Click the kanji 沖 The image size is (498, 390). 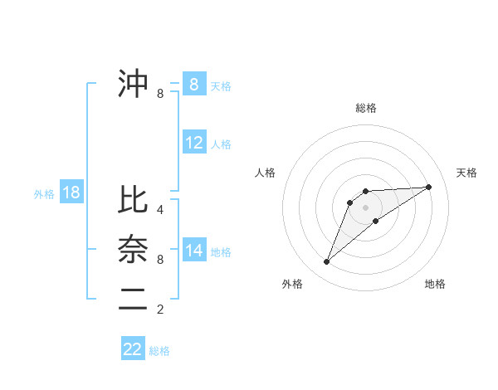pyautogui.click(x=133, y=84)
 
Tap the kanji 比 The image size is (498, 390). pyautogui.click(x=133, y=200)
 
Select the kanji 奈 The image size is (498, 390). pyautogui.click(x=133, y=249)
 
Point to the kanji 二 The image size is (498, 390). pyautogui.click(x=133, y=300)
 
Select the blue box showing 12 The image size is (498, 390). pyautogui.click(x=194, y=143)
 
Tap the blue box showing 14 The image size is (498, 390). pyautogui.click(x=194, y=251)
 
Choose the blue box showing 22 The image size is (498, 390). pyautogui.click(x=133, y=349)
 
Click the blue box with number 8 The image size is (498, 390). pyautogui.click(x=194, y=84)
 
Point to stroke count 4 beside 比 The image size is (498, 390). pyautogui.click(x=160, y=210)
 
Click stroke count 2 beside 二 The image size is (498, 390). pyautogui.click(x=160, y=310)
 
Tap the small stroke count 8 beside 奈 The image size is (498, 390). pyautogui.click(x=160, y=260)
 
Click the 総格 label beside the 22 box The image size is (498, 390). pyautogui.click(x=159, y=351)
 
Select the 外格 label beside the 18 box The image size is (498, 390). pyautogui.click(x=44, y=194)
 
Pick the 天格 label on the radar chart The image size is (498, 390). pyautogui.click(x=467, y=173)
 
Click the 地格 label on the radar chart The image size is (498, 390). pyautogui.click(x=435, y=284)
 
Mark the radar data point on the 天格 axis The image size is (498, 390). pyautogui.click(x=428, y=187)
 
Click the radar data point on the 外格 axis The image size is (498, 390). pyautogui.click(x=326, y=262)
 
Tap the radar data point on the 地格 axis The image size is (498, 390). pyautogui.click(x=376, y=221)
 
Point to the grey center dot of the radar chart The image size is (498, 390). pyautogui.click(x=365, y=207)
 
